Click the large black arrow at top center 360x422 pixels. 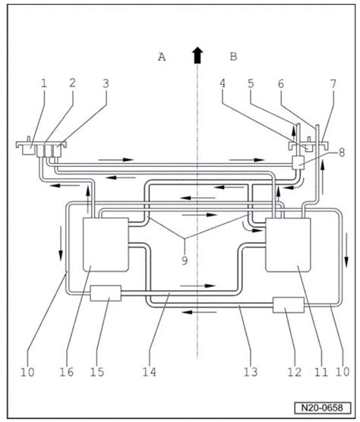pos(197,55)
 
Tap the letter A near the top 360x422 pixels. pos(162,57)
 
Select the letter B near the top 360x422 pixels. pos(233,57)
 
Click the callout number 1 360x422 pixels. pos(44,83)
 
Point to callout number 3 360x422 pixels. pos(106,83)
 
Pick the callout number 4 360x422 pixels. pos(222,83)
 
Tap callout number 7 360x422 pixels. pos(333,84)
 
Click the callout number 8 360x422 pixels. pos(342,153)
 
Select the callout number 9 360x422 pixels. pos(185,260)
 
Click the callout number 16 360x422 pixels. pos(67,372)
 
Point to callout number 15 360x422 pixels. pos(97,372)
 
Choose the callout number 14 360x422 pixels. pos(149,372)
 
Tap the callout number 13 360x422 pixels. pos(251,372)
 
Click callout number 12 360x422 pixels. pos(294,372)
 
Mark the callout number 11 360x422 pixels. pos(321,372)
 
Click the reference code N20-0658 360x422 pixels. pos(323,408)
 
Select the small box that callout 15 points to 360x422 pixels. pos(106,293)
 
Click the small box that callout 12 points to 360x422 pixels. pos(289,305)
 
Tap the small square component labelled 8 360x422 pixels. pos(298,163)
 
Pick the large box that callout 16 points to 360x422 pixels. pos(106,244)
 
